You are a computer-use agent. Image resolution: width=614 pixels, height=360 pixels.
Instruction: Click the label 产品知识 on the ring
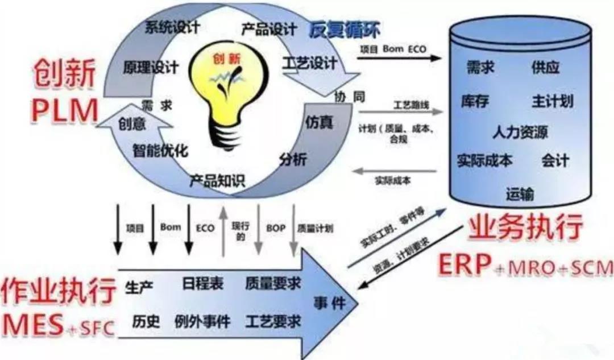[217, 181]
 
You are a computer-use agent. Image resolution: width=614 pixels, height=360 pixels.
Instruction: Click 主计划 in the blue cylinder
[552, 102]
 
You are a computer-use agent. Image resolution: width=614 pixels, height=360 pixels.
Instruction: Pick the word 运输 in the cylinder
[520, 195]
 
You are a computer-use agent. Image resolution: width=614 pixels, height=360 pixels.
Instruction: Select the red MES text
[34, 325]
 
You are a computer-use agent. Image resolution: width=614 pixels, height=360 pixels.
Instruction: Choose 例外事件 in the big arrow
[202, 322]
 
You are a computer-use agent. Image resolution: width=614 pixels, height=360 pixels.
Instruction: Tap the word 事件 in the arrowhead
[329, 302]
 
